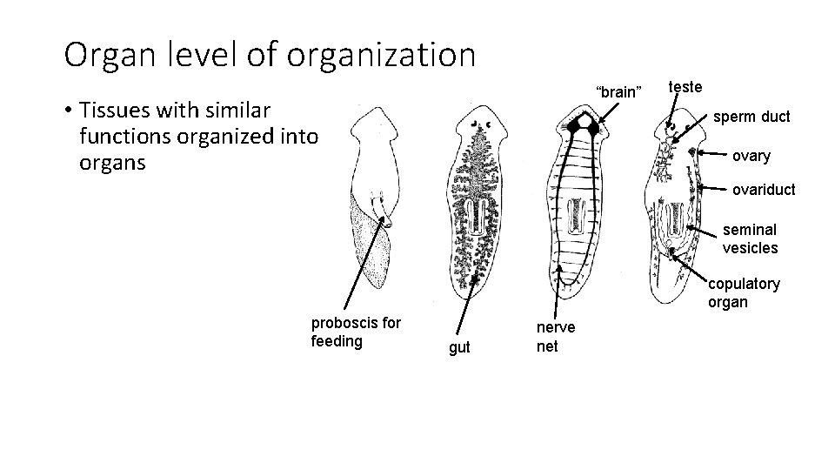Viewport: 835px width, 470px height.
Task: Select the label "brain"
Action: [x=618, y=91]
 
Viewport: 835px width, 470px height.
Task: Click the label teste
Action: [x=685, y=86]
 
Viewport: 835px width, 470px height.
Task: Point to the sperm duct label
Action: [x=751, y=116]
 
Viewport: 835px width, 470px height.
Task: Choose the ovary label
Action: [x=751, y=156]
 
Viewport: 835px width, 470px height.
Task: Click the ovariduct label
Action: [x=763, y=189]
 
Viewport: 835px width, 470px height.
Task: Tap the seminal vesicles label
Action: [x=750, y=238]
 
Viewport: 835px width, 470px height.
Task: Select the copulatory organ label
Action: [x=744, y=292]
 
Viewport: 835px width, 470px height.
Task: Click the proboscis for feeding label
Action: [x=356, y=331]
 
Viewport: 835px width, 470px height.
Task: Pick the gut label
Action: [x=459, y=347]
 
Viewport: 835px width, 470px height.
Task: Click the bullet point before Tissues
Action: [x=67, y=111]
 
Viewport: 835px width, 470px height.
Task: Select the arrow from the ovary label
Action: [x=709, y=153]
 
